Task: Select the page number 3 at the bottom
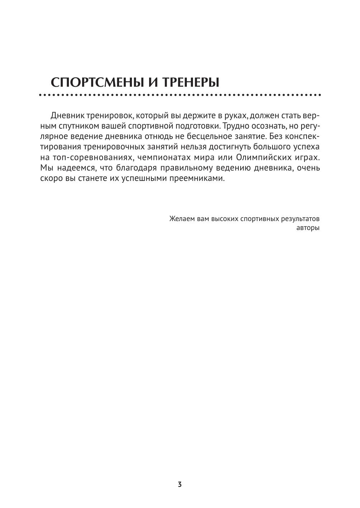pos(180,484)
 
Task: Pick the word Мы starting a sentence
pos(46,168)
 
